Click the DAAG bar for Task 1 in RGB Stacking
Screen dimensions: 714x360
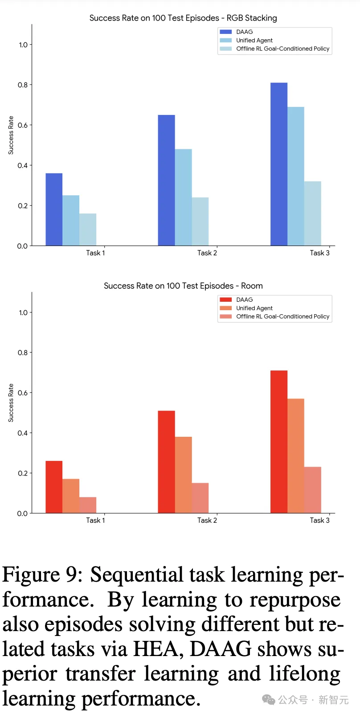tap(54, 209)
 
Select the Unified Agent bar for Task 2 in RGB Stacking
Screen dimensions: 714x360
tap(183, 197)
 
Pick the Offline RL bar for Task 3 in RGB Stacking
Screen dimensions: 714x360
tap(312, 213)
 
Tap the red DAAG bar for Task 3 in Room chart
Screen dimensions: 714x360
tap(278, 442)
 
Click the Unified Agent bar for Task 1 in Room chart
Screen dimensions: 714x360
tap(71, 496)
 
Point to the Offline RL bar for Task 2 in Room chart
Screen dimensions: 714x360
tap(200, 498)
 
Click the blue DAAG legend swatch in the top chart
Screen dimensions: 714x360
tap(226, 32)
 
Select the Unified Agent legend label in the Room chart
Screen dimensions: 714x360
tap(254, 308)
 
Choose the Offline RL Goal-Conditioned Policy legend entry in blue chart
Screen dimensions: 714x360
tap(282, 49)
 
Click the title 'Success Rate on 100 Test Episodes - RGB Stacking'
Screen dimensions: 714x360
tap(183, 18)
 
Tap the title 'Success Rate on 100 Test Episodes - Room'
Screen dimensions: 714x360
tap(183, 286)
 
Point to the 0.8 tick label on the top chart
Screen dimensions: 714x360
tap(23, 85)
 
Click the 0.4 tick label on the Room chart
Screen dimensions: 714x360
tap(23, 433)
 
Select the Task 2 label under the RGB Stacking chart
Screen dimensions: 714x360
tap(207, 253)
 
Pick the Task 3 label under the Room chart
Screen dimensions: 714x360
tap(319, 520)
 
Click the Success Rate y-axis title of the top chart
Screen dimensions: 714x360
tap(11, 135)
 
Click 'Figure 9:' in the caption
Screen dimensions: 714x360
tap(42, 575)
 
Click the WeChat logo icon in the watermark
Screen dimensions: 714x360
tap(269, 700)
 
